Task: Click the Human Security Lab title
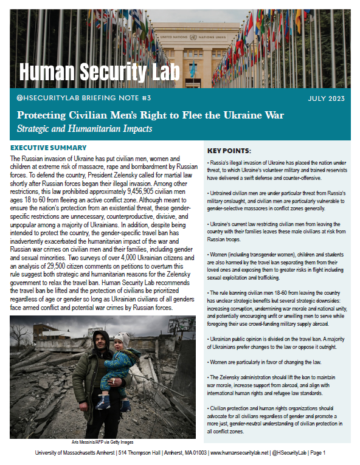point(100,72)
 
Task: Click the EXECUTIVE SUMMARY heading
point(57,148)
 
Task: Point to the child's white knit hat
point(122,339)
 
